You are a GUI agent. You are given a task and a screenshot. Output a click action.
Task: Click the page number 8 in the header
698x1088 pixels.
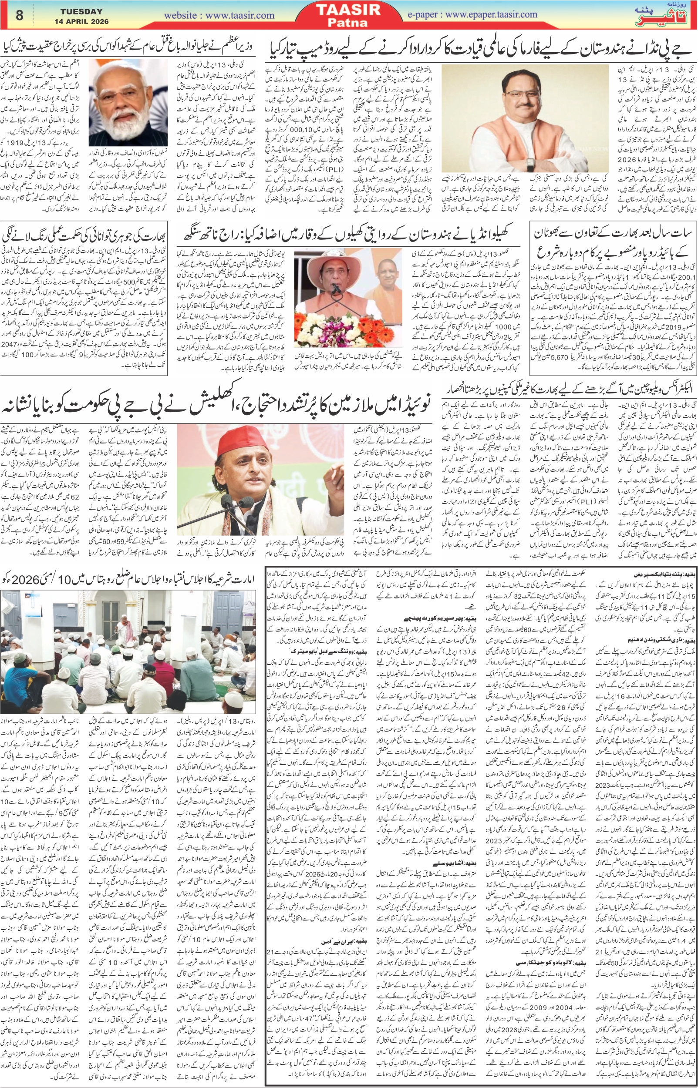click(19, 15)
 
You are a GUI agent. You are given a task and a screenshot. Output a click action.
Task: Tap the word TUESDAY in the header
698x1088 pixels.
click(82, 11)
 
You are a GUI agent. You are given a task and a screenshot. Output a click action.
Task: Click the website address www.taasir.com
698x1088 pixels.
click(219, 15)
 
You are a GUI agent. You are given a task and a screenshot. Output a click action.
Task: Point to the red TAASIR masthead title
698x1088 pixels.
click(354, 10)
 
